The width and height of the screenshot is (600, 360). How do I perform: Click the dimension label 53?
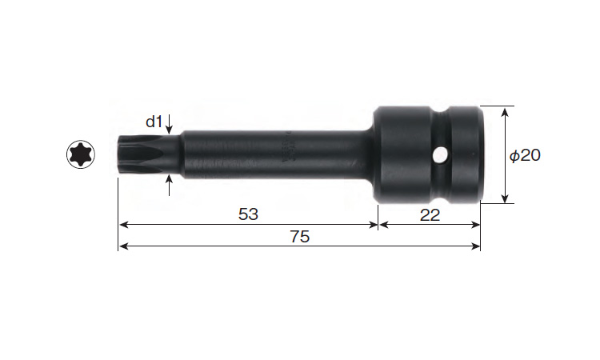(x=248, y=214)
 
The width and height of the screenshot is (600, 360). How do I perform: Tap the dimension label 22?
(x=430, y=215)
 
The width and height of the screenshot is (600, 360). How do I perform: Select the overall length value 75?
(x=300, y=237)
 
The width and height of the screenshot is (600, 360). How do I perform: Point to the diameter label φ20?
(x=525, y=155)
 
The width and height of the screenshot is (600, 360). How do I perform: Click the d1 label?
(x=154, y=122)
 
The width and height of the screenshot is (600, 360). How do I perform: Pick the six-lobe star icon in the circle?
(x=81, y=154)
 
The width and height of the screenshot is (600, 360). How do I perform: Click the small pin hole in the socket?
(x=441, y=154)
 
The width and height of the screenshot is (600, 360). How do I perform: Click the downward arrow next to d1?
(x=170, y=124)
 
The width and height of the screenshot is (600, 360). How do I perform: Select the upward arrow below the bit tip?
(x=170, y=185)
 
